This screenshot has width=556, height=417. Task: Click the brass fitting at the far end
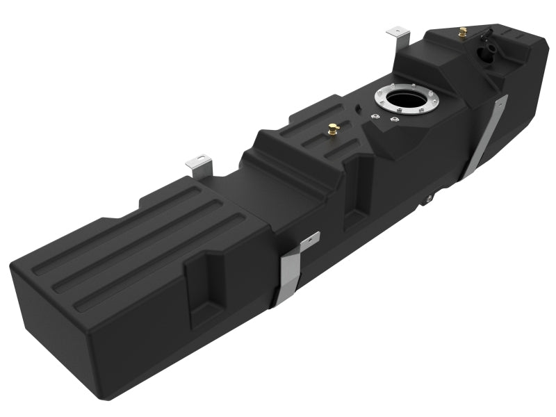(461, 32)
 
